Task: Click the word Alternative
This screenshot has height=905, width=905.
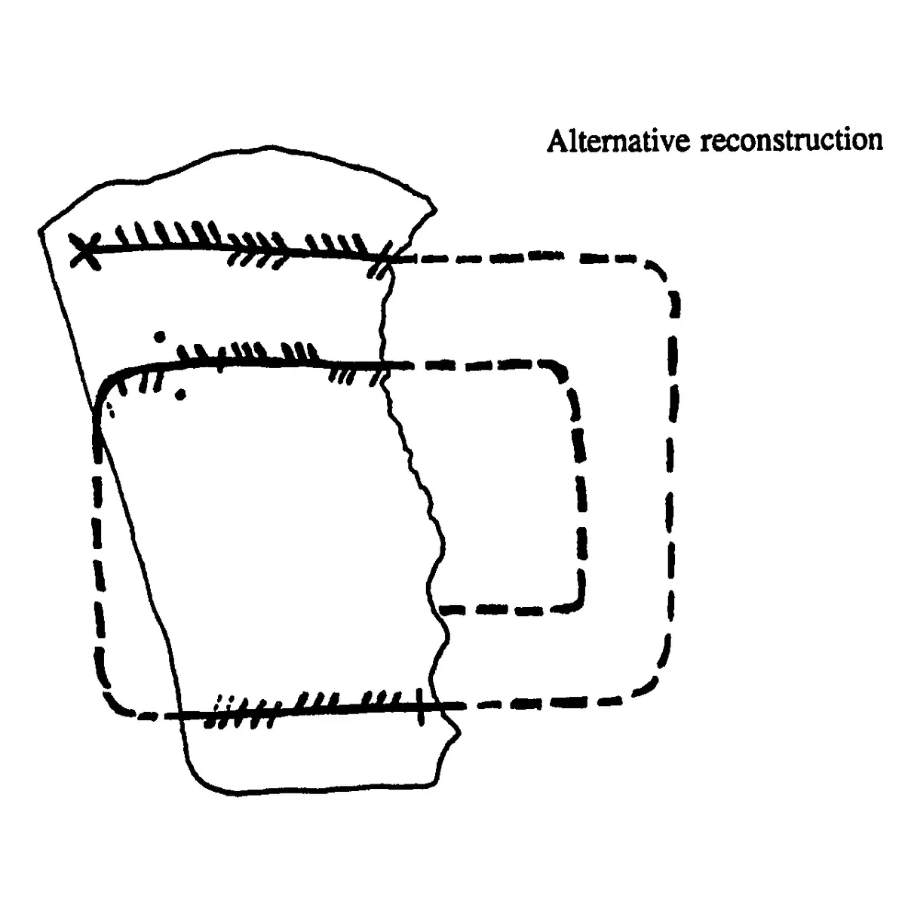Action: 618,140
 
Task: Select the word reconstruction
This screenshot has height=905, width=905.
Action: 792,140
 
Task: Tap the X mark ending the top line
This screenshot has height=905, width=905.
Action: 85,251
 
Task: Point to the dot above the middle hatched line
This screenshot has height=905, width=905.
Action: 160,336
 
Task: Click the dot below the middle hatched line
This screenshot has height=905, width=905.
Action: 180,395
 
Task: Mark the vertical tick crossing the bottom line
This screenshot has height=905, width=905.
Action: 420,706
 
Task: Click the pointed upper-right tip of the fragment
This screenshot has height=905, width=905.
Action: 435,209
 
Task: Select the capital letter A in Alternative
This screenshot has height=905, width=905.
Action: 557,140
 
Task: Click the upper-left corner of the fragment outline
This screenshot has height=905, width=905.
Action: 40,230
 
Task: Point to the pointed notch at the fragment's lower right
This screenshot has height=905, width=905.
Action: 459,732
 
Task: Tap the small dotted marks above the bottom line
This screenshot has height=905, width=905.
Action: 223,704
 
